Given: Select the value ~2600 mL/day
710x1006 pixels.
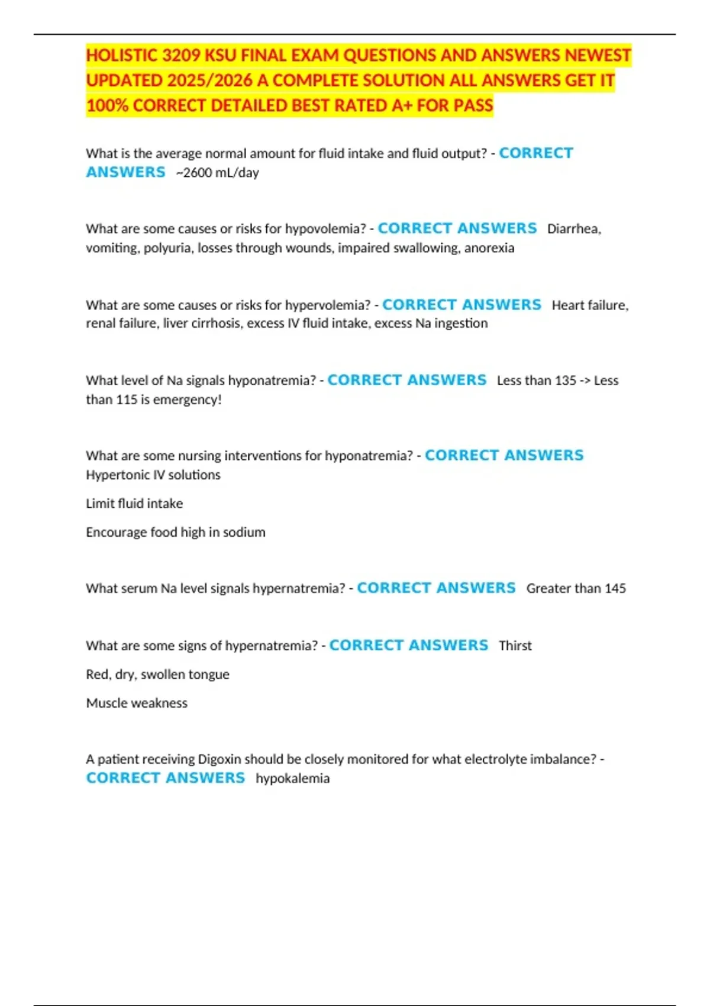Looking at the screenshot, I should coord(217,173).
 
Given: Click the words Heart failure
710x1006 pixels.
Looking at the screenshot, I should coord(589,305).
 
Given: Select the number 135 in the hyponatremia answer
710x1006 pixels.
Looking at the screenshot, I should coord(565,381).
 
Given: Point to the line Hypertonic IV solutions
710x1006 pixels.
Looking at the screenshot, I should coord(153,475).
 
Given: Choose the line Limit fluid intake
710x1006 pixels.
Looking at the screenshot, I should coord(134,504).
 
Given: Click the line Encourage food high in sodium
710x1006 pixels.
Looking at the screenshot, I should coord(175,533).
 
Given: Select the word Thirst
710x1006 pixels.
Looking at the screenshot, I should coord(515,646).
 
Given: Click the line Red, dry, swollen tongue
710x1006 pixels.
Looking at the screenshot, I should coord(157,675).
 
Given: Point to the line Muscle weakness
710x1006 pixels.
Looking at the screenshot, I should coord(137,703).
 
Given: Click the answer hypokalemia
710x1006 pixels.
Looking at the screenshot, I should coord(292,779).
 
